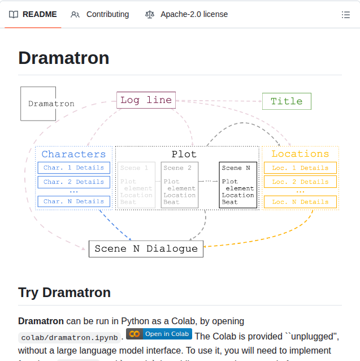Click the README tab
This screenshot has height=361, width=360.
[x=33, y=15]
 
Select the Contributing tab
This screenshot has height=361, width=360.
[x=100, y=15]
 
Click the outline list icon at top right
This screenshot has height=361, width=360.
[x=346, y=15]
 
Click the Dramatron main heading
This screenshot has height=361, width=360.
[x=64, y=58]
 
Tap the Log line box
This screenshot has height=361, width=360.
[x=146, y=100]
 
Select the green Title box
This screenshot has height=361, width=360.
[x=287, y=101]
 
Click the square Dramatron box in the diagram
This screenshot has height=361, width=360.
[x=38, y=104]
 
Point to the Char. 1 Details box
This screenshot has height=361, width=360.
[x=74, y=167]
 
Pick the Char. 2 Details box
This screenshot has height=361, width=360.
[x=74, y=182]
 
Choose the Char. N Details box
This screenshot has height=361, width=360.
[x=74, y=201]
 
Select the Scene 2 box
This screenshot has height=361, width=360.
[x=179, y=184]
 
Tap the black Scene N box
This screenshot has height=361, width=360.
[x=238, y=184]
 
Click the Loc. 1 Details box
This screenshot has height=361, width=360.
[x=300, y=168]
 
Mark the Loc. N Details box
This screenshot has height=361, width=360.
[x=300, y=202]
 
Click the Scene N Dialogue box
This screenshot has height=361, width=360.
[x=146, y=249]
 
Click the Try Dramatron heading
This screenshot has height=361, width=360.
[x=64, y=293]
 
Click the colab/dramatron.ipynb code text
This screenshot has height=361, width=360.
[x=70, y=338]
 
